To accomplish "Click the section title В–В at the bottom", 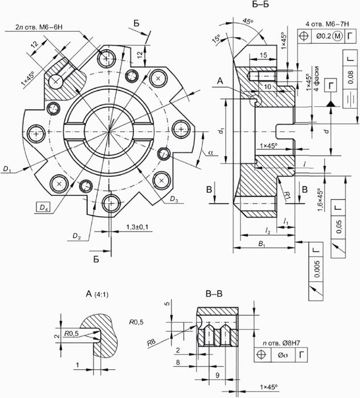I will point(215,295).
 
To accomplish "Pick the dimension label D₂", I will point(76,235).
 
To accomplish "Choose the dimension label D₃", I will point(174,200).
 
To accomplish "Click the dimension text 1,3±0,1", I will point(135,228).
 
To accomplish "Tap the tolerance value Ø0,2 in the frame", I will point(325,37).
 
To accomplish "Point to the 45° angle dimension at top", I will point(248,21).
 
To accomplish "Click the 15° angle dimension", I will point(216,39).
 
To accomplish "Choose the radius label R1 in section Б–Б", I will point(288,195).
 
